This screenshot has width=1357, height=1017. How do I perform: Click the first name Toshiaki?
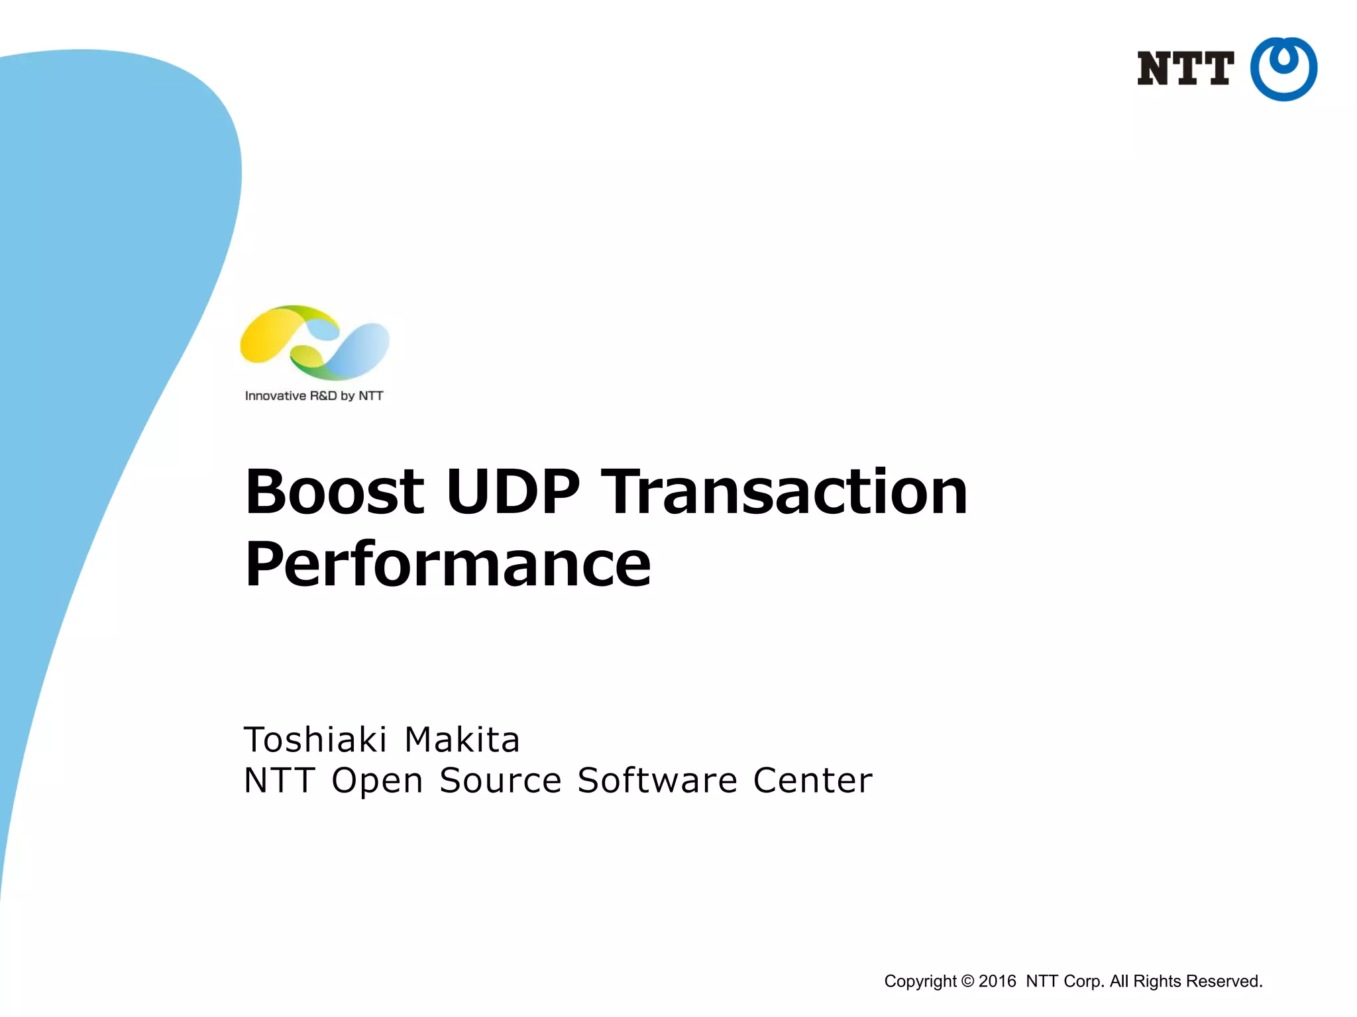tap(315, 740)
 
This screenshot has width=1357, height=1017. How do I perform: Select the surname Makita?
tap(462, 740)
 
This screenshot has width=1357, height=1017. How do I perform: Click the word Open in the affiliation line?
tap(377, 781)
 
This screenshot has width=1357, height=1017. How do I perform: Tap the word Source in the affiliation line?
tap(501, 781)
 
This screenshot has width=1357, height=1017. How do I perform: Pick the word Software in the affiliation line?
tap(657, 781)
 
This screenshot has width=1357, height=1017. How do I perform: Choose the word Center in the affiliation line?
tap(812, 781)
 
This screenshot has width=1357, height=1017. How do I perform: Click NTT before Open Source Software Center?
tap(279, 781)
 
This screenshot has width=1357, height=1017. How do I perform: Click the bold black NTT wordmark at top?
tap(1185, 69)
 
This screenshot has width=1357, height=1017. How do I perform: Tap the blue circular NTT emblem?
tap(1283, 69)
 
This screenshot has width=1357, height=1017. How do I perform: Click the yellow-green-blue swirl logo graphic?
tap(315, 342)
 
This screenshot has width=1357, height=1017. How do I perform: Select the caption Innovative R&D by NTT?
tap(314, 396)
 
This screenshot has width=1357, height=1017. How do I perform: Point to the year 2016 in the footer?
tap(997, 981)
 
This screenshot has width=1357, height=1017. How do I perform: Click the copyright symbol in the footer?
tap(967, 981)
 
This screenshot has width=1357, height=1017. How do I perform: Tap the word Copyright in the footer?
tap(920, 981)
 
